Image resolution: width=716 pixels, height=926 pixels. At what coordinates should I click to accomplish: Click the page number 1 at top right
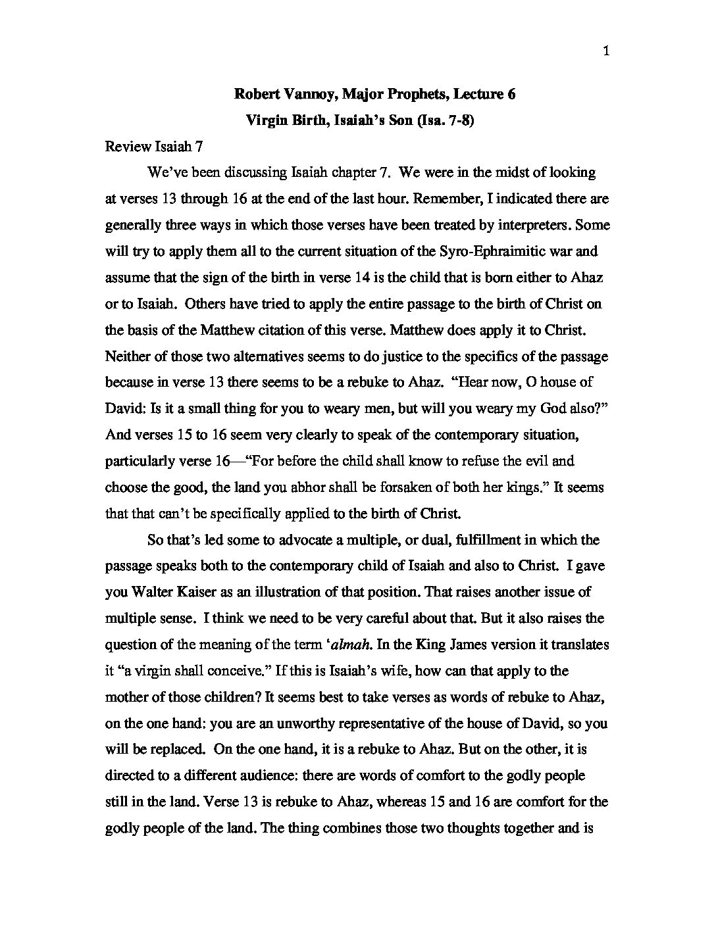[605, 52]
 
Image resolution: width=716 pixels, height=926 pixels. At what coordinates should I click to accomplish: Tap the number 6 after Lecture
[511, 94]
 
